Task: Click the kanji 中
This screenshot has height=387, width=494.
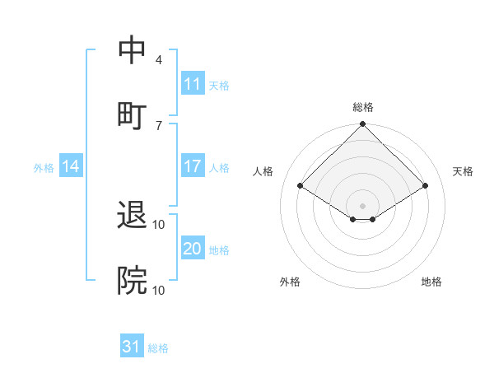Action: (133, 52)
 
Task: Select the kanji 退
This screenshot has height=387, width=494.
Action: (133, 217)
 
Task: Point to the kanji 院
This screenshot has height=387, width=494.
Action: (133, 281)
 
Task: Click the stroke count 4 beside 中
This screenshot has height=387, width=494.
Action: (159, 60)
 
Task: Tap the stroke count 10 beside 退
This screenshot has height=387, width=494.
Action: (159, 225)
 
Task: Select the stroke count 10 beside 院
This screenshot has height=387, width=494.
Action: (159, 289)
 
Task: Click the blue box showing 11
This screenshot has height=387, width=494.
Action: (192, 84)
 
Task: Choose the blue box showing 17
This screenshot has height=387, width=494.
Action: (192, 166)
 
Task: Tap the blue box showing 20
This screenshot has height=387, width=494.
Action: (192, 249)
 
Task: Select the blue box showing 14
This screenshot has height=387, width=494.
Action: (71, 166)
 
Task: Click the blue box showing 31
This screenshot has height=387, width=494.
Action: (132, 347)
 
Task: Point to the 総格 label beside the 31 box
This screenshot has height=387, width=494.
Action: (158, 348)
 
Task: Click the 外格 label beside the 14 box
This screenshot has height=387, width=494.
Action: (44, 167)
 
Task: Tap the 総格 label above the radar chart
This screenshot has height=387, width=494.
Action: (362, 107)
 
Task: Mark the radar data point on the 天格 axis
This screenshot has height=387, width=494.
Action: (426, 186)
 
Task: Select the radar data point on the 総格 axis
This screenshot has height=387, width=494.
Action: (362, 125)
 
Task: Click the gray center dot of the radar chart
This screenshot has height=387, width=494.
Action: (362, 205)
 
